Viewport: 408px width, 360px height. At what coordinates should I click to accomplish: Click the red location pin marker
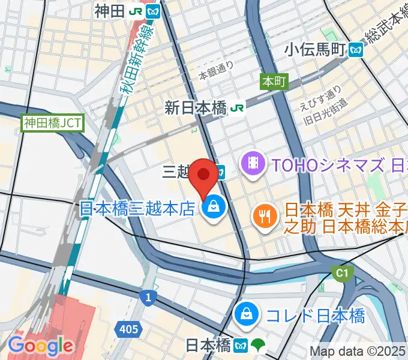tap(204, 175)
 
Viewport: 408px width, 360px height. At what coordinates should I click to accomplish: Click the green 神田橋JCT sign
tap(53, 124)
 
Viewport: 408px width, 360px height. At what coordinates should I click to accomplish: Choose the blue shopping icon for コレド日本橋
tap(245, 314)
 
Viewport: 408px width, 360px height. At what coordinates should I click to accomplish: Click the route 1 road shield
tap(148, 297)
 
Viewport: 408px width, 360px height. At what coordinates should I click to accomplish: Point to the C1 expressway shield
tap(342, 274)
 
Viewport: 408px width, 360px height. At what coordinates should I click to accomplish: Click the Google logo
tap(40, 346)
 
